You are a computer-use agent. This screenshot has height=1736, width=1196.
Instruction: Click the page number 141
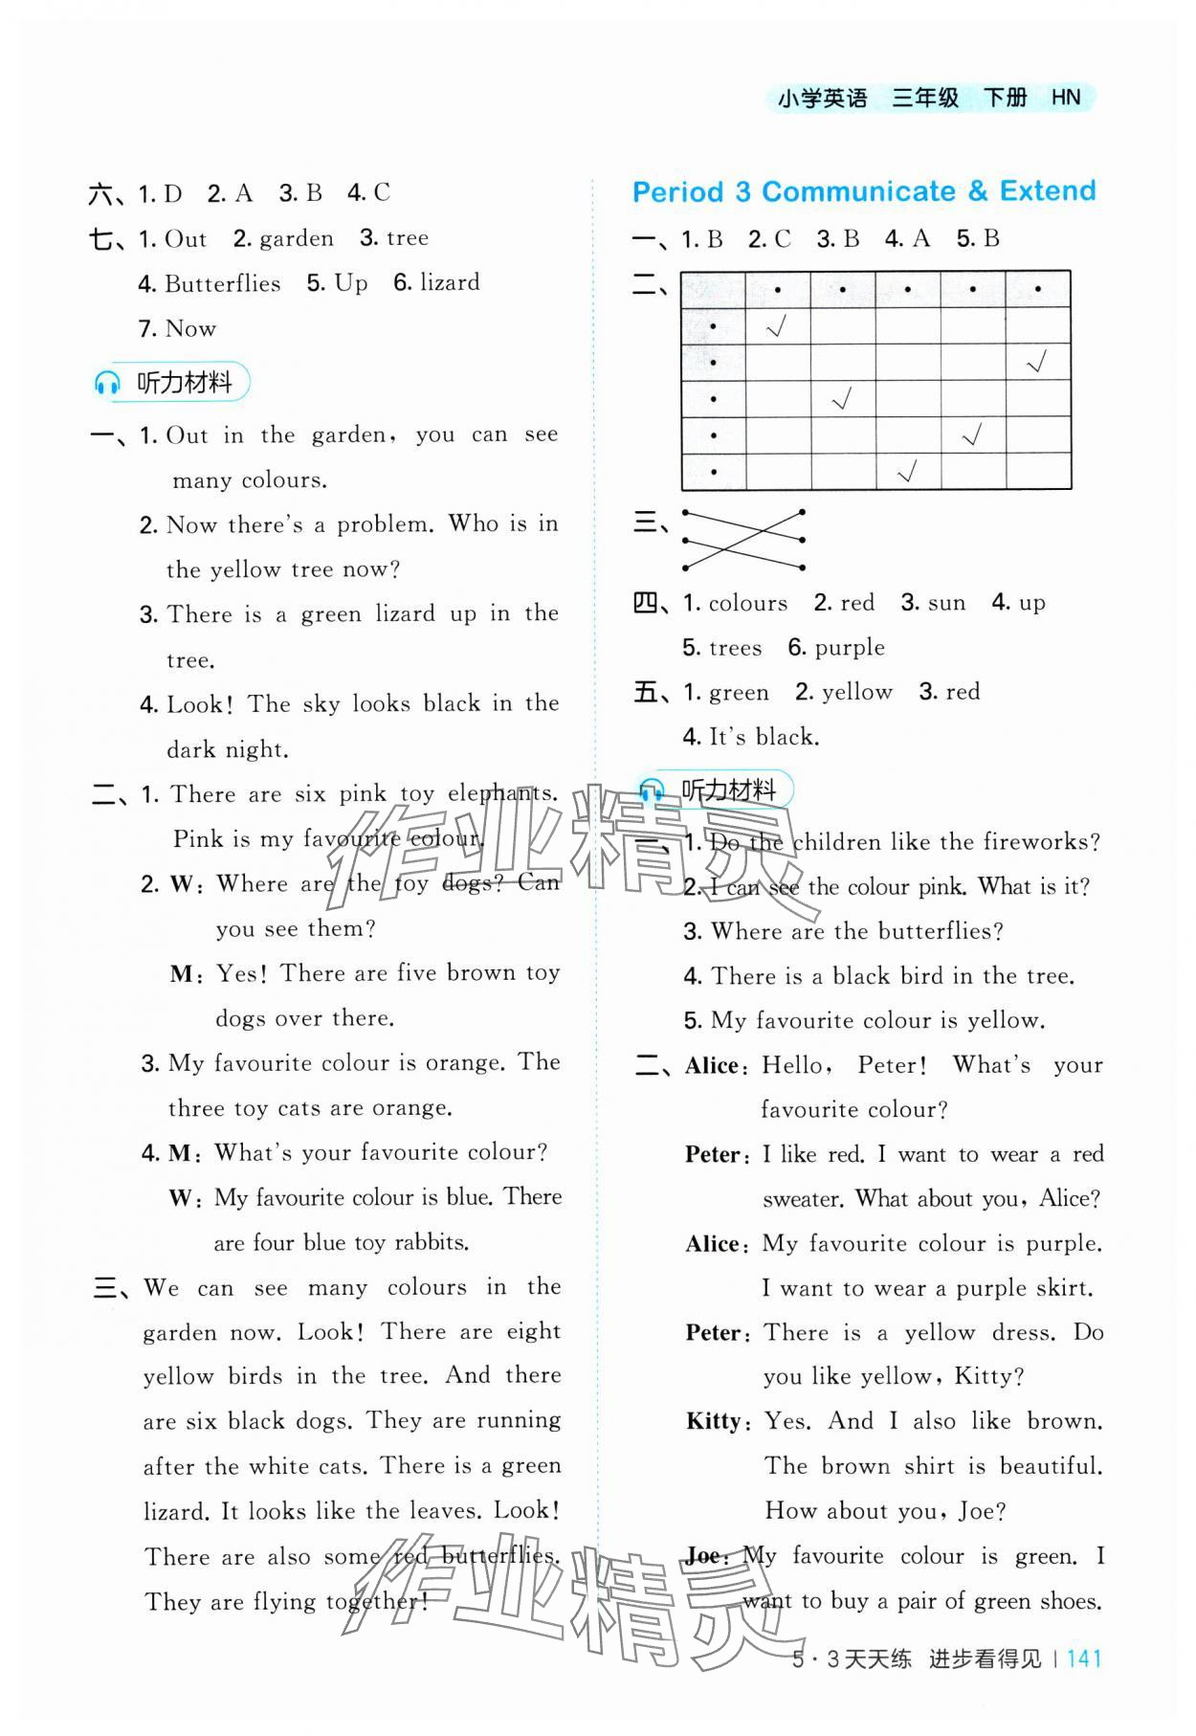(x=1083, y=1658)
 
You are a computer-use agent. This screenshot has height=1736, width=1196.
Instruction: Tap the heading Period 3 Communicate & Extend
(x=864, y=191)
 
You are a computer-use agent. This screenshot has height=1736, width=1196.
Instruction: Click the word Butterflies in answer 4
(x=222, y=283)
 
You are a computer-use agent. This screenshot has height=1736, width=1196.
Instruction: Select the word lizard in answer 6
(x=449, y=282)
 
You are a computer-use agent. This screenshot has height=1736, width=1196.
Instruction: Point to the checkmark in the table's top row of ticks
(x=777, y=327)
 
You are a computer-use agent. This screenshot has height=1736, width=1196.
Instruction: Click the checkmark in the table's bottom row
(x=907, y=471)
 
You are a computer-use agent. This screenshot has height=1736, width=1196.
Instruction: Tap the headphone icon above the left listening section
(x=107, y=384)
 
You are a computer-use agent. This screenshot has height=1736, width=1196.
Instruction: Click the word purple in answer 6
(x=850, y=648)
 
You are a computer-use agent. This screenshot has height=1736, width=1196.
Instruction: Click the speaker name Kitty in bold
(x=713, y=1421)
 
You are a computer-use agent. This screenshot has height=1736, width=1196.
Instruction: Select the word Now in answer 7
(x=190, y=328)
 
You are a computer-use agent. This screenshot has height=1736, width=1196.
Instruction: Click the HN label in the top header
(x=1065, y=98)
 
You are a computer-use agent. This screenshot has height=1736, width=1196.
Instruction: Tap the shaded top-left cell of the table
(x=713, y=289)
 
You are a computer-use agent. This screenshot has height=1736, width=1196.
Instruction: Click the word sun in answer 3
(x=946, y=603)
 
